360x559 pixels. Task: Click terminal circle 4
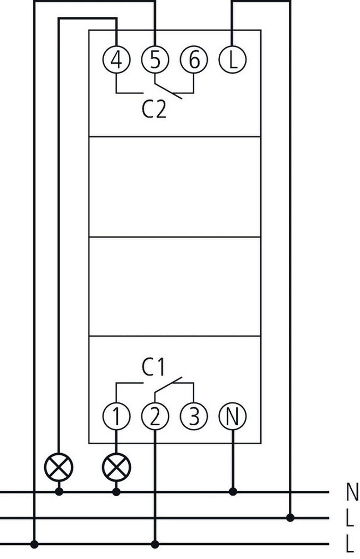116,60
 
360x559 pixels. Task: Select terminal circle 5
155,60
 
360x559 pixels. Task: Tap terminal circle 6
194,60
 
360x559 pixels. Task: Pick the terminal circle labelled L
233,60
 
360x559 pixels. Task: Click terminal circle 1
116,417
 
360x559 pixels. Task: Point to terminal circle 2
155,417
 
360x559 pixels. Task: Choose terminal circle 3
194,417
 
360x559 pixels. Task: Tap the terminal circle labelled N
233,417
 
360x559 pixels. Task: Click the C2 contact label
154,111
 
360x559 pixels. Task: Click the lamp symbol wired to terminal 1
116,467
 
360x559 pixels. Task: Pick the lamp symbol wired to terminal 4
58,467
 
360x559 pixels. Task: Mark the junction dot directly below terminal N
233,492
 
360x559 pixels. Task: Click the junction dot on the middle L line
291,518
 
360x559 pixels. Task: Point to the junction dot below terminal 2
155,544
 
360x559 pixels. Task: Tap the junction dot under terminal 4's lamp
58,492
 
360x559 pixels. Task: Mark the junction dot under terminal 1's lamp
116,492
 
